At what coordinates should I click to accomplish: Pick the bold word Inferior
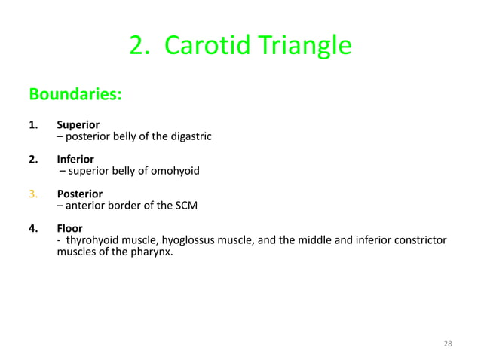click(75, 159)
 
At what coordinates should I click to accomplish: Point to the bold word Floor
click(69, 228)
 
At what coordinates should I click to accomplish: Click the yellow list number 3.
click(33, 194)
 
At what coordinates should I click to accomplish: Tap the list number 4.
click(33, 228)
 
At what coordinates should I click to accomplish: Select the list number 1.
click(33, 124)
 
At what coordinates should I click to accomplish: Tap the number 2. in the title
click(140, 46)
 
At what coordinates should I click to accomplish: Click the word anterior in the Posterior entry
click(87, 206)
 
